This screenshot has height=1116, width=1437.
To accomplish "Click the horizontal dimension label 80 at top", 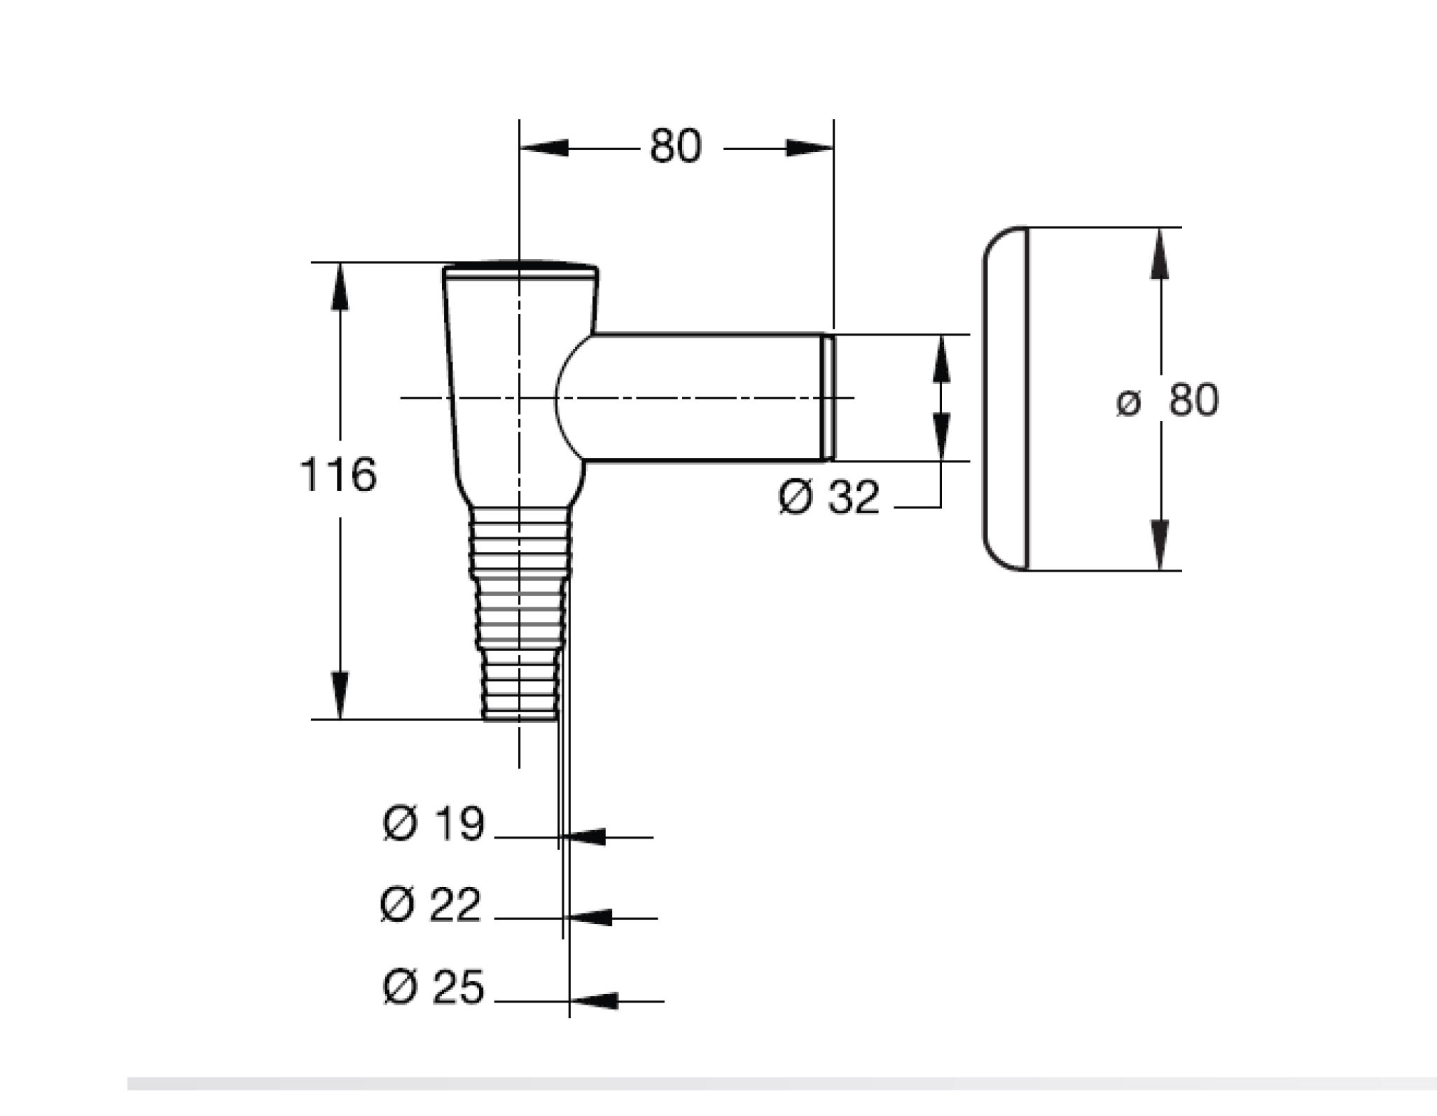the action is point(675,147).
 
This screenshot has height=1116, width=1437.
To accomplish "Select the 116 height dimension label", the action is point(338,474).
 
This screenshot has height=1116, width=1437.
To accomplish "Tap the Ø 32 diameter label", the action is point(828,497).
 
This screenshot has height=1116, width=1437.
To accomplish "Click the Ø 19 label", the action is point(433,823).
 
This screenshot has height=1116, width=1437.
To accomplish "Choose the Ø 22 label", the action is point(431,904).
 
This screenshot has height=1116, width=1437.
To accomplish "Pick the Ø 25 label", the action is point(433,987).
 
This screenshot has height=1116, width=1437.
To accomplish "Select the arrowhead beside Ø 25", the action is point(594,1001).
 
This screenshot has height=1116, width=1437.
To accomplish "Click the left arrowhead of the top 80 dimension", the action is point(543,149).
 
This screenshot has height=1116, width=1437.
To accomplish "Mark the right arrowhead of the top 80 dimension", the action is point(810,149).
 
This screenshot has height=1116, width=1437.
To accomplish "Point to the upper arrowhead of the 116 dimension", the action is point(340,286).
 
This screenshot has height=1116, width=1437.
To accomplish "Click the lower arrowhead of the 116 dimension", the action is point(340,695).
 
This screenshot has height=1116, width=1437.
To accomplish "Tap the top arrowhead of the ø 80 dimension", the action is point(1160,253).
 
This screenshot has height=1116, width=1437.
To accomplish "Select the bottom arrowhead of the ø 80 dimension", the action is point(1160,545).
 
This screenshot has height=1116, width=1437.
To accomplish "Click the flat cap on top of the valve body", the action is point(520,270).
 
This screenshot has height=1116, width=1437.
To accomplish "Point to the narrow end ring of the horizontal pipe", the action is point(828,398).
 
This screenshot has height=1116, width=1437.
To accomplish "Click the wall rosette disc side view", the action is point(1006,399).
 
